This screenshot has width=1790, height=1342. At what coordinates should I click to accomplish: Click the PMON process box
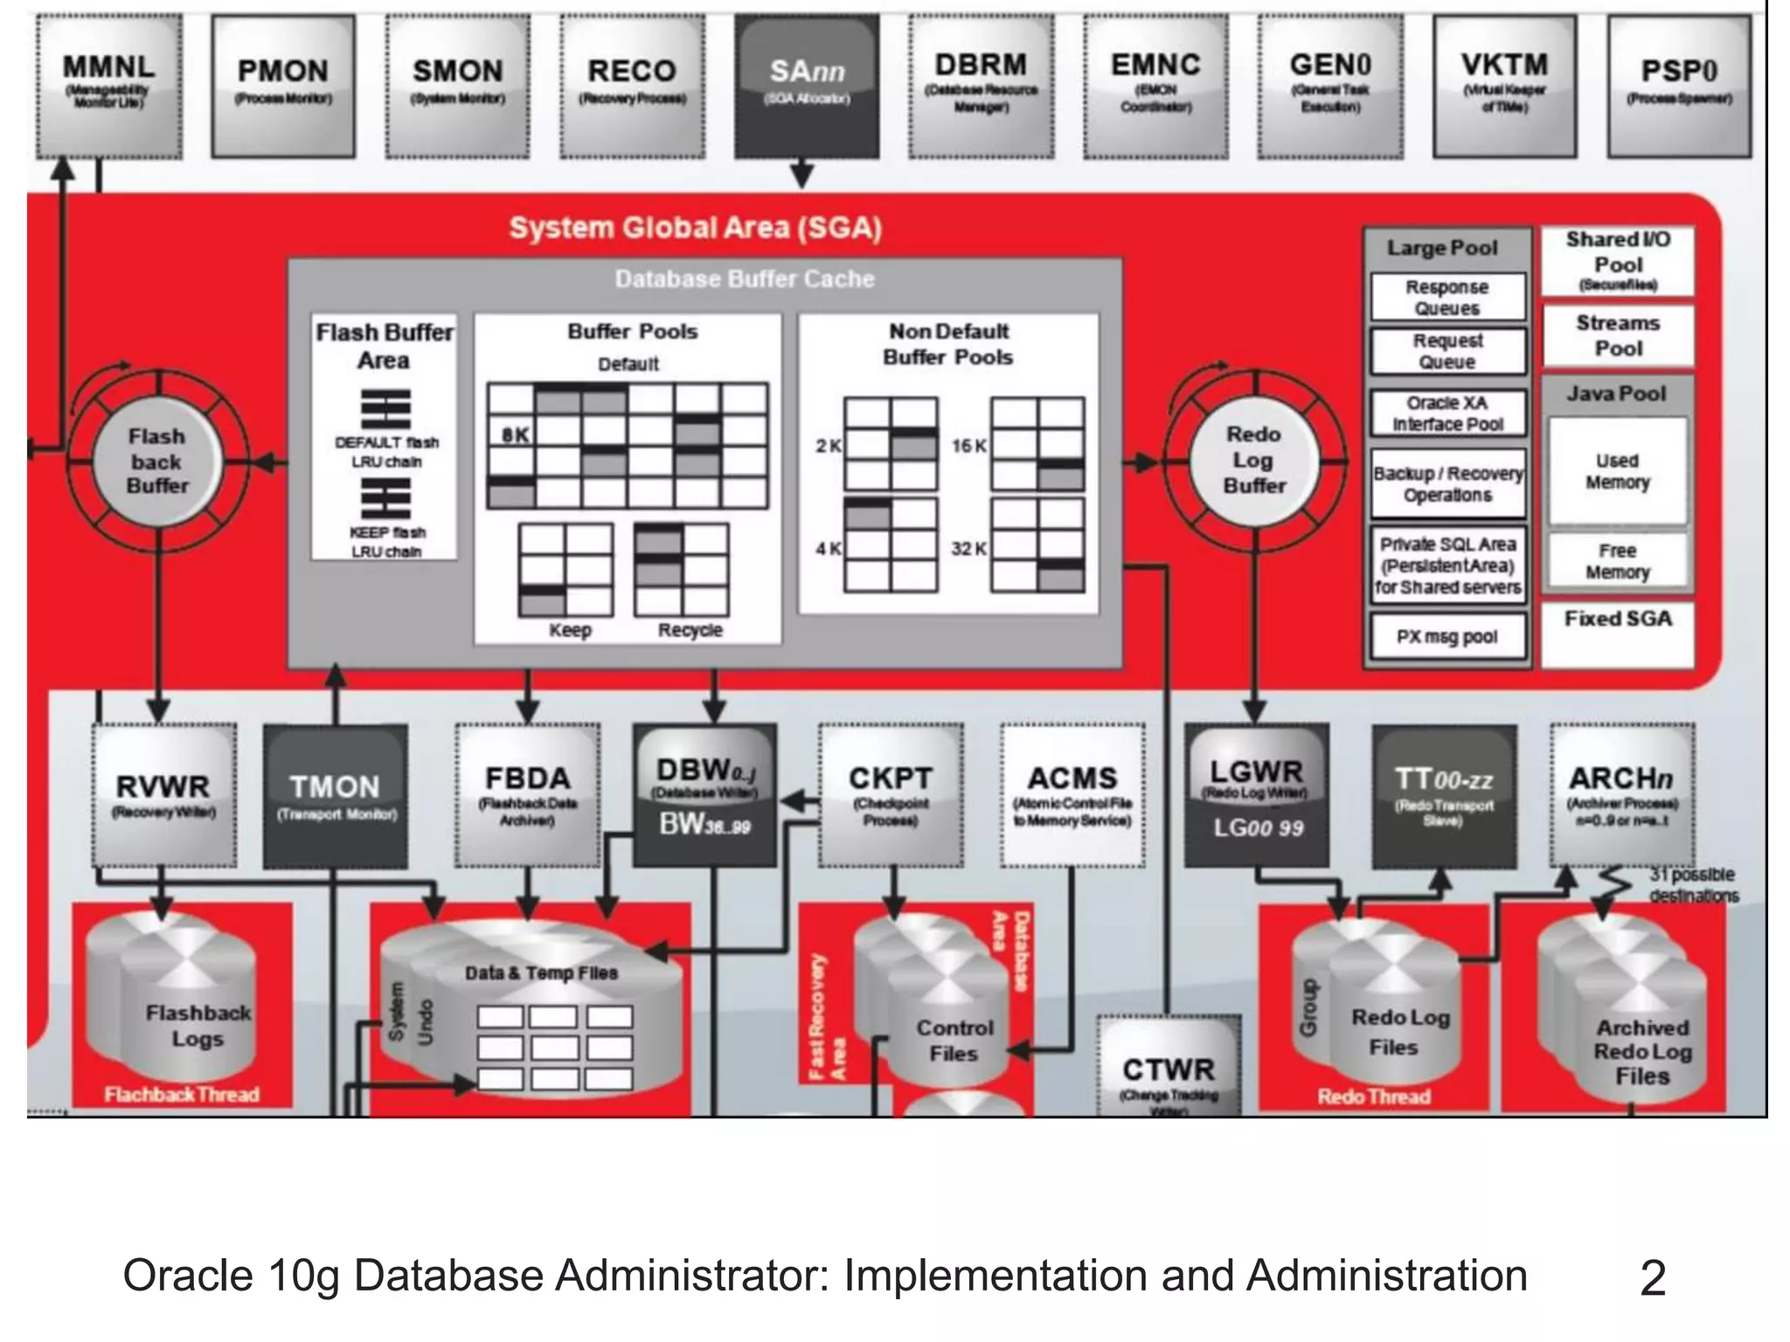tap(283, 86)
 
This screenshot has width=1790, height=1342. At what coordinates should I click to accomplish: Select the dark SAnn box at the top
tap(807, 86)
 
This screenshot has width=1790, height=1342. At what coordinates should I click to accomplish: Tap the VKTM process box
tap(1504, 86)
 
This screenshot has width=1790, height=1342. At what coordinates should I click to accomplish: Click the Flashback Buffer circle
tap(157, 460)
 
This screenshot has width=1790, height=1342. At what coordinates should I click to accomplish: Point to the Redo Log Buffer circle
tap(1254, 460)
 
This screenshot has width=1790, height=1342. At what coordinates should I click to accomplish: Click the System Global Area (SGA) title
tap(696, 228)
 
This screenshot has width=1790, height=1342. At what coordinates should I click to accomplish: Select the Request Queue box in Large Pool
tap(1447, 351)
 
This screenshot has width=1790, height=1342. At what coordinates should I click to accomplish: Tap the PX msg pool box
tap(1447, 637)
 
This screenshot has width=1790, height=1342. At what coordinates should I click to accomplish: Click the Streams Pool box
tap(1618, 335)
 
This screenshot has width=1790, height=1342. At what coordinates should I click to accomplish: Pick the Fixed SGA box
tap(1618, 620)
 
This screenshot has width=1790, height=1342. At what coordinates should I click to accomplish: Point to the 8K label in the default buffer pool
tap(515, 434)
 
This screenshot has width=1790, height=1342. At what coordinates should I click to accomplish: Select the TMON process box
tap(336, 795)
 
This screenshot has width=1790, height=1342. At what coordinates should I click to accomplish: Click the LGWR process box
tap(1256, 795)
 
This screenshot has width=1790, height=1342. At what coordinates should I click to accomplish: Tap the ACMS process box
tap(1072, 795)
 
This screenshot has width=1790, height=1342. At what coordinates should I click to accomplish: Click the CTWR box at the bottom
tap(1169, 1070)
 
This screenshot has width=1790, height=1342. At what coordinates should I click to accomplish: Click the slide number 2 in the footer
tap(1652, 1277)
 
